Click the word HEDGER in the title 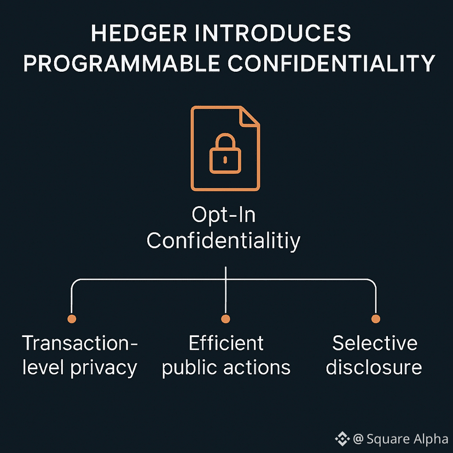click(x=139, y=33)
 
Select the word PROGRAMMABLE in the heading click(x=121, y=63)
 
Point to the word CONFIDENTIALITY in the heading click(x=332, y=63)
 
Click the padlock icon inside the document click(x=225, y=153)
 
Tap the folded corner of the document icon click(x=249, y=117)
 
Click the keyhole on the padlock click(x=225, y=160)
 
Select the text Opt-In click(x=224, y=215)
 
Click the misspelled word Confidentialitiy click(x=224, y=241)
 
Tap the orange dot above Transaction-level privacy click(x=72, y=319)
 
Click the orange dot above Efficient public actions click(x=225, y=319)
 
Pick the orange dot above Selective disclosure click(x=375, y=319)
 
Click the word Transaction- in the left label click(x=80, y=343)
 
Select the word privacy click(x=104, y=368)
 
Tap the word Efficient click(x=226, y=343)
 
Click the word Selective click(x=375, y=343)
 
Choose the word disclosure click(x=374, y=368)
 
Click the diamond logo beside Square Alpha click(x=342, y=439)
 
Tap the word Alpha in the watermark click(x=431, y=439)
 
